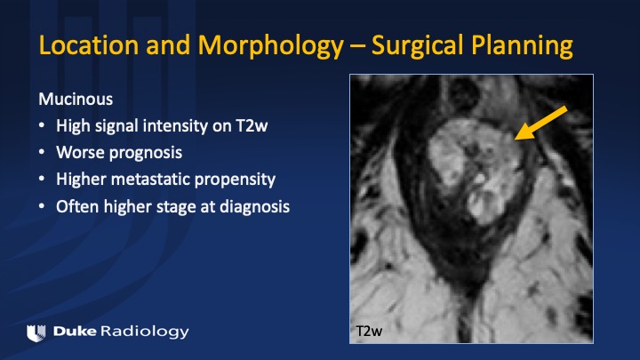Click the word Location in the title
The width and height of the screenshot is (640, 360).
pos(89,45)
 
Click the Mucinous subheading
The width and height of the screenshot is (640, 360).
pos(76,100)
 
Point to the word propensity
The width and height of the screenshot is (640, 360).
pos(235,180)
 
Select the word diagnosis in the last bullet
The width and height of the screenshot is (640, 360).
pos(255,207)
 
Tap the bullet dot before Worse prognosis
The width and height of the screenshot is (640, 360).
pos(42,152)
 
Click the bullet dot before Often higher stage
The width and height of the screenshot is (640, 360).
pos(42,206)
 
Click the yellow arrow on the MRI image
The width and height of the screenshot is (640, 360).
pos(540,123)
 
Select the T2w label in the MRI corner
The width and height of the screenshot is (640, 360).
pos(369,331)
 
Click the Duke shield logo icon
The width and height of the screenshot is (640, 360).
pos(36,333)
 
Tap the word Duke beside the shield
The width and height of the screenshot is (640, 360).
pos(75,332)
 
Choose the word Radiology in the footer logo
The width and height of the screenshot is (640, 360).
pos(145,332)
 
